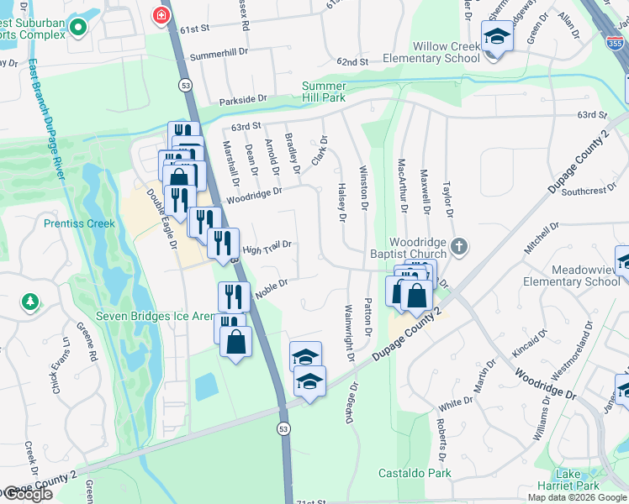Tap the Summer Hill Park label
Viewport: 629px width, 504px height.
[x=324, y=92]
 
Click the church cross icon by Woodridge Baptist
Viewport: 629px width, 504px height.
[x=458, y=247]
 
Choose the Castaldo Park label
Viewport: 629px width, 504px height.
[x=415, y=473]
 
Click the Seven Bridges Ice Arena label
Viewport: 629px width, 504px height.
[x=155, y=316]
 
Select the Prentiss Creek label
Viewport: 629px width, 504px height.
[x=79, y=224]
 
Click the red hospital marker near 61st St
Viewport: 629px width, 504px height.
[x=159, y=14]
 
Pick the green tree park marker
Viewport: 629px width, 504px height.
[x=30, y=301]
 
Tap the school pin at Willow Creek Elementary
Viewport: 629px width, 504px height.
[x=496, y=37]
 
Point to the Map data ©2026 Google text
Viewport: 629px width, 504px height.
[x=577, y=497]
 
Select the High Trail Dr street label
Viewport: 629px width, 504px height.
[x=266, y=247]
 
